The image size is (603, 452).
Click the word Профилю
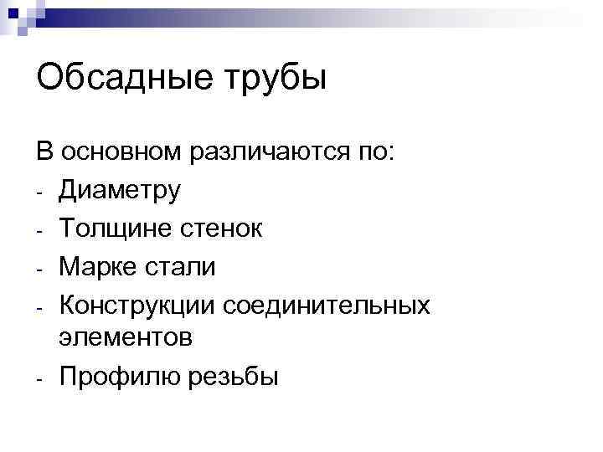point(115,378)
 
